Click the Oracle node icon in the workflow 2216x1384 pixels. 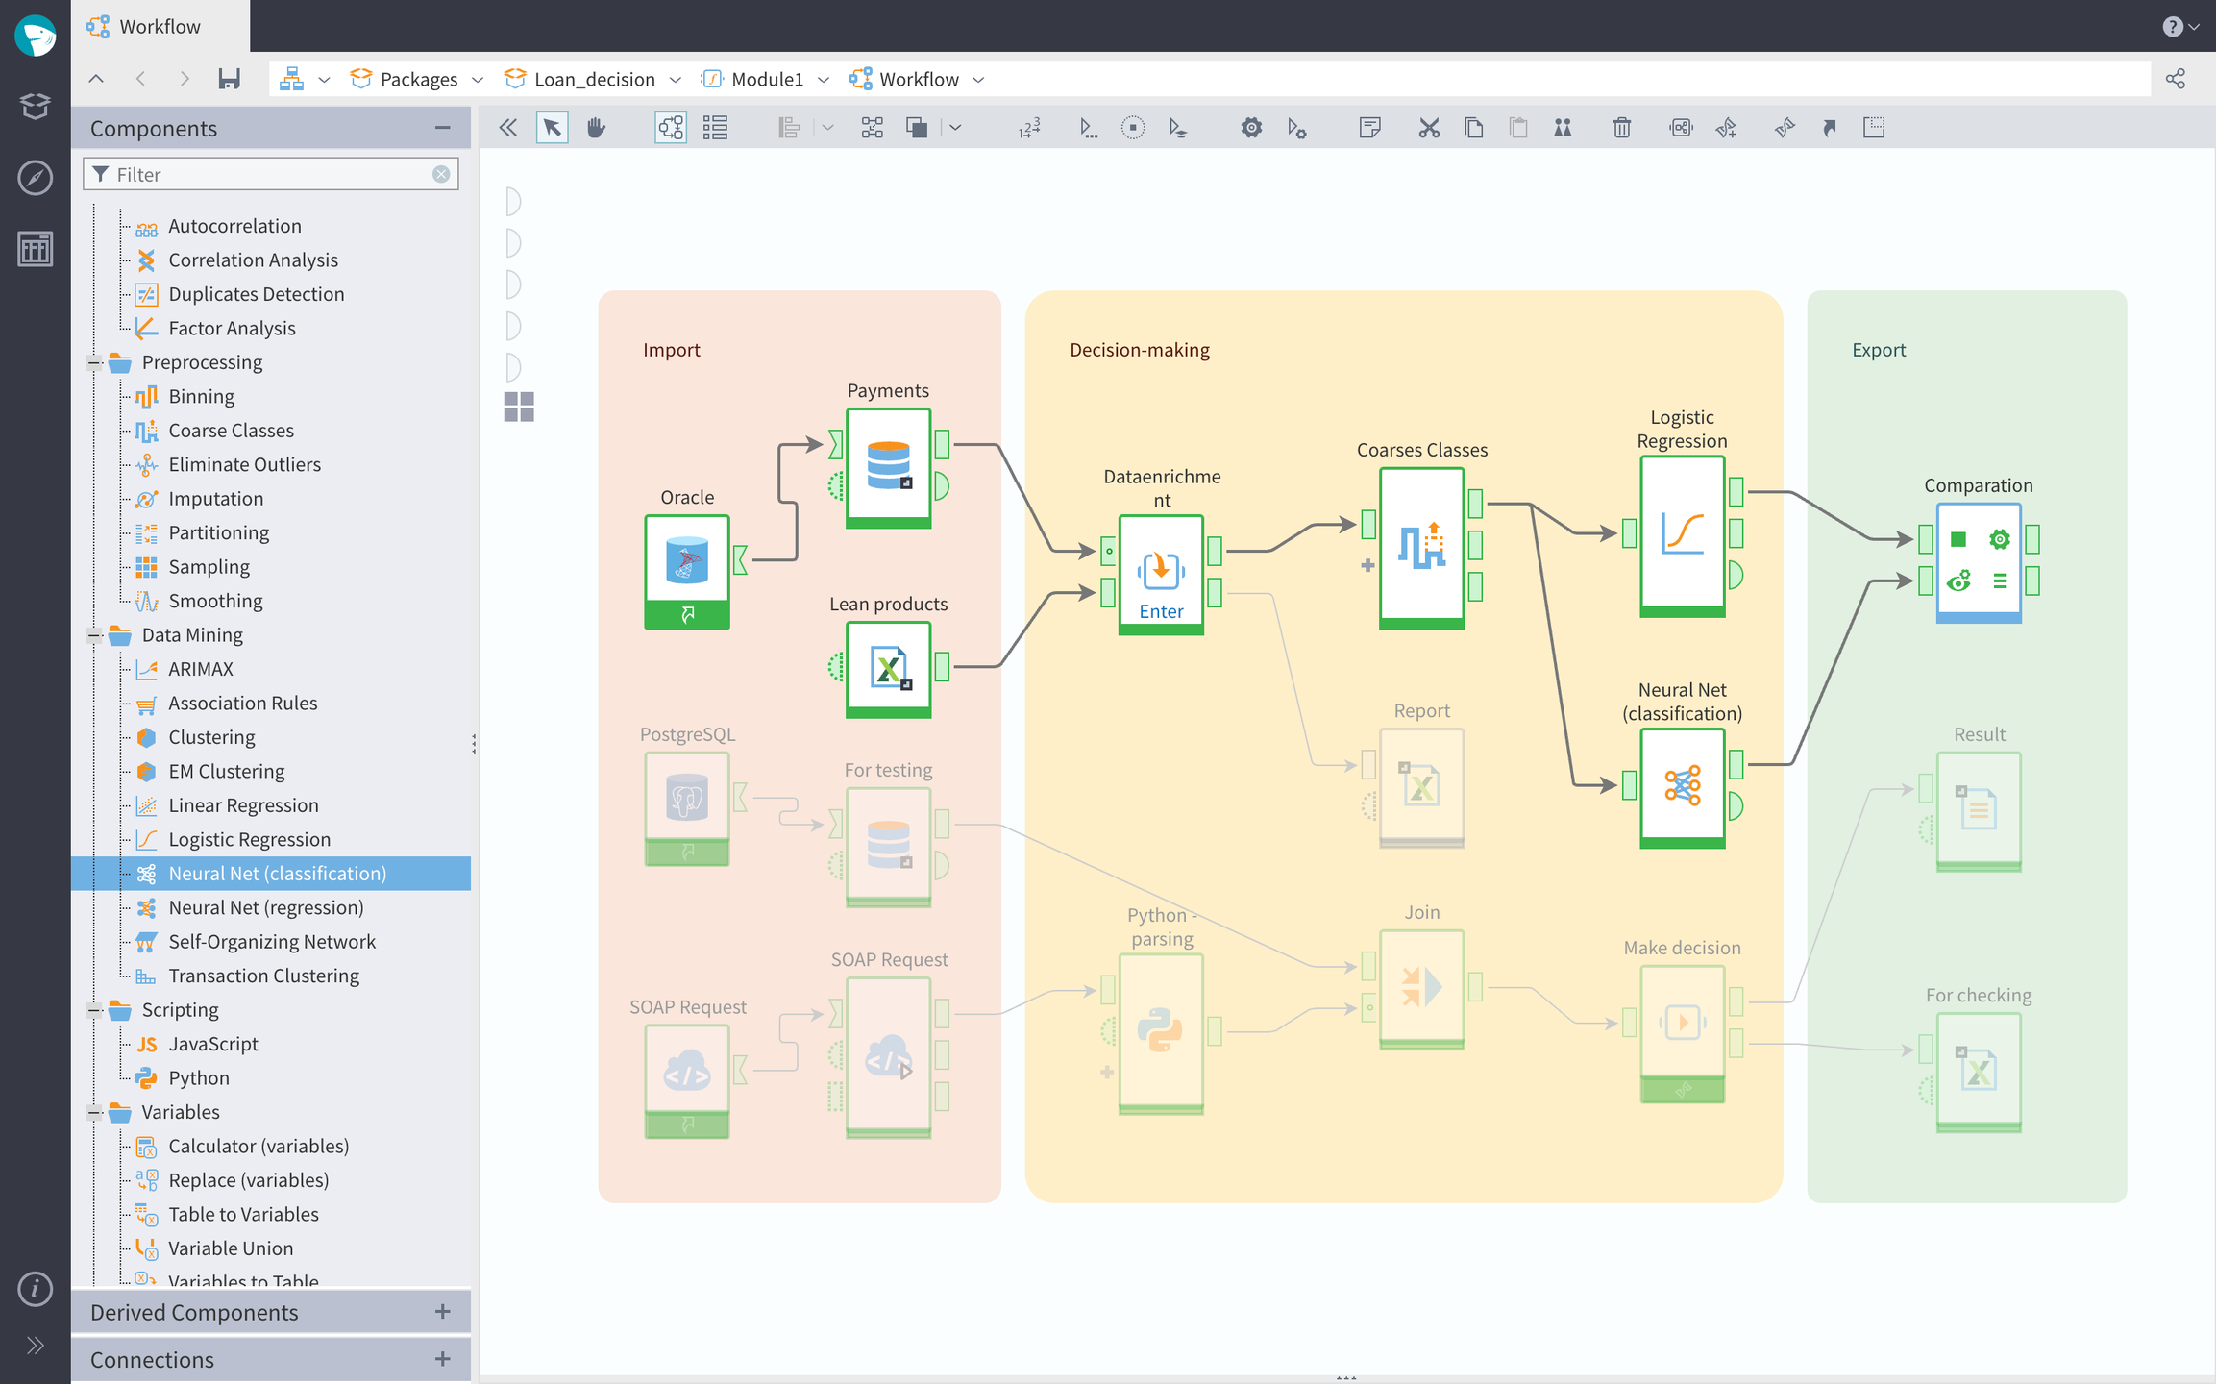click(686, 562)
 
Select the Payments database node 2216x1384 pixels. click(888, 465)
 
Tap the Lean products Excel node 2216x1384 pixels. click(888, 667)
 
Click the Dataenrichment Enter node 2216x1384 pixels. click(1161, 573)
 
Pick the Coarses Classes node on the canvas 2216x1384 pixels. click(1421, 546)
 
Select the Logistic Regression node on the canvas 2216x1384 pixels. click(1682, 533)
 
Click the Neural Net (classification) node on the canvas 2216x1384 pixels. click(1682, 785)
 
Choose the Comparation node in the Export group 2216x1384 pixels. click(1979, 561)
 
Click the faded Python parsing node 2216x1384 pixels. click(1161, 1030)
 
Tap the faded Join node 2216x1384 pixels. click(1421, 987)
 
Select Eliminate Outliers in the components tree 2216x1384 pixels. click(244, 464)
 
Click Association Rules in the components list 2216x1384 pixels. click(242, 703)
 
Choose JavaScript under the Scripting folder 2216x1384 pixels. click(212, 1044)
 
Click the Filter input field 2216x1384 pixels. click(269, 174)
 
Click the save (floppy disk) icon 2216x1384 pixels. click(229, 79)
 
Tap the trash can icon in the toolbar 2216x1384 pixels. click(1621, 128)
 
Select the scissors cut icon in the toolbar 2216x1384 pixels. click(1429, 128)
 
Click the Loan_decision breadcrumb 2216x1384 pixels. click(594, 79)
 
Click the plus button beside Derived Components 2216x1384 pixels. click(442, 1312)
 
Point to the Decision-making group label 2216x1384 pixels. click(1139, 350)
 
